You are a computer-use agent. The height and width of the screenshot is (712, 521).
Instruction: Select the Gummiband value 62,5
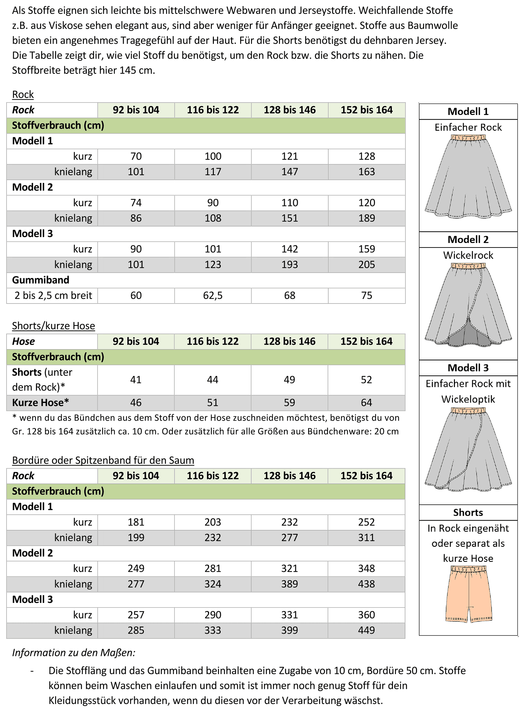213,295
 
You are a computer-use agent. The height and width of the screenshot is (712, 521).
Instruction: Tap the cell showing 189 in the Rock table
366,218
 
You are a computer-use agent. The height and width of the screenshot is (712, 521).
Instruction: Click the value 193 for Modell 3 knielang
290,265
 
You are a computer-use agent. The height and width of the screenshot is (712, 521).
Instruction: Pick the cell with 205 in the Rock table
366,265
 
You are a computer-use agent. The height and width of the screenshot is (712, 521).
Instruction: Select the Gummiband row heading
41,280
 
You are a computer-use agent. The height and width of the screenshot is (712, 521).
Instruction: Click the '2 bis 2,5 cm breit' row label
53,295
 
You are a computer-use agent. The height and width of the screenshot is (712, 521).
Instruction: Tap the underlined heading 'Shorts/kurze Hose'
53,326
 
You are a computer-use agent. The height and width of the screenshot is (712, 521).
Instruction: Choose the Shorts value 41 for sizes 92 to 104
136,380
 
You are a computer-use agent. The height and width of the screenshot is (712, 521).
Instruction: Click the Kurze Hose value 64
366,403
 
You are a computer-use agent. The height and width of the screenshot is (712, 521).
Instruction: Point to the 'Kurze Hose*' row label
41,403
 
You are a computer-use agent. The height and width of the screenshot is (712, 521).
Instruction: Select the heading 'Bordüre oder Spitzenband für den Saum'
103,460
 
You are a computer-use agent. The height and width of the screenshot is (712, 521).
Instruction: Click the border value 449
366,630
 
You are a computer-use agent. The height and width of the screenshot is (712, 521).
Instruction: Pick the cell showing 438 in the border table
366,584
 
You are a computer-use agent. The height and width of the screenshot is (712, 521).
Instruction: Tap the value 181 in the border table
136,522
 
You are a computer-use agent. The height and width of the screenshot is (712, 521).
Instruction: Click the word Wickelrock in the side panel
468,255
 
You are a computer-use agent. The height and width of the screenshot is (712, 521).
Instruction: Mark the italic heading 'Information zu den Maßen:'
74,653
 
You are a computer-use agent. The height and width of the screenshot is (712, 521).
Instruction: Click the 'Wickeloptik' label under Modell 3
468,399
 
